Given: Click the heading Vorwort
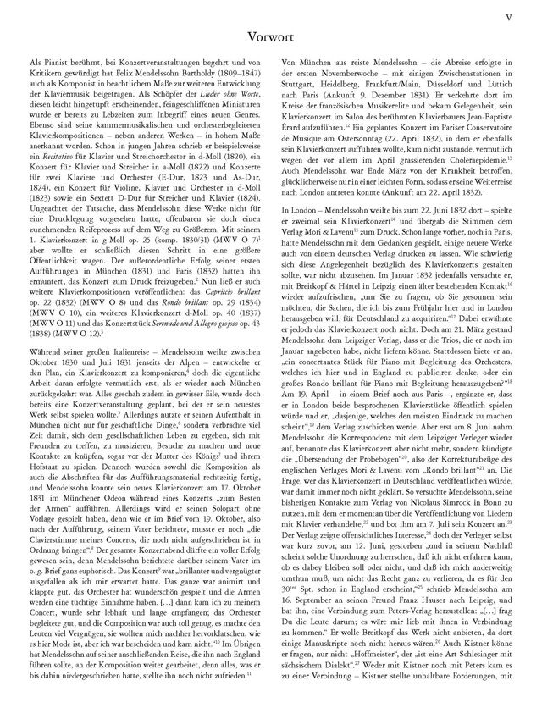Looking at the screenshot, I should [270, 37].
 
